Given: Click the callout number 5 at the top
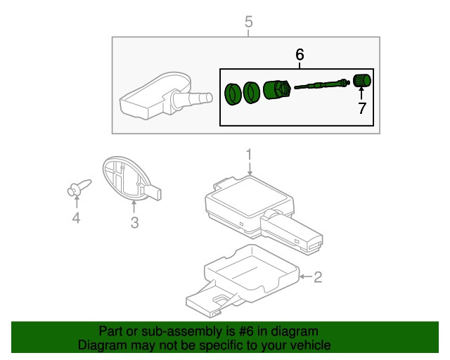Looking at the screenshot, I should click(x=247, y=22).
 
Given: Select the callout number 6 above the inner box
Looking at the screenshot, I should click(x=300, y=54).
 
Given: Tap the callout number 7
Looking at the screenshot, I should click(x=361, y=108).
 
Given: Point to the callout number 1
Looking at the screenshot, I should click(x=248, y=154).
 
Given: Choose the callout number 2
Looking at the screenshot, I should click(x=317, y=278).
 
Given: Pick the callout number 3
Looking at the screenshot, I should click(x=134, y=224).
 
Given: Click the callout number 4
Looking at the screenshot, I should click(x=76, y=220).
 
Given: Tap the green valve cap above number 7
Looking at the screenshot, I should click(x=361, y=81).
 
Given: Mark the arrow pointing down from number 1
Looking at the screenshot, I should click(x=249, y=167).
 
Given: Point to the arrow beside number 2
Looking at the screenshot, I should click(x=303, y=278).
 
